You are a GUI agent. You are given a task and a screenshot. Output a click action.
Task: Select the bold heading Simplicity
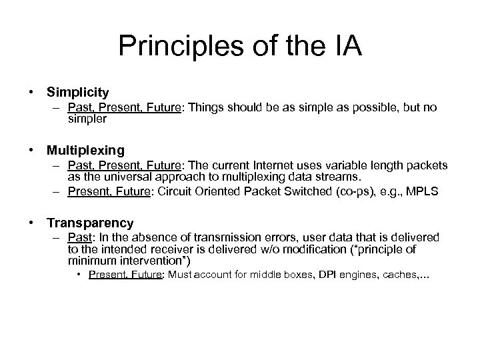77,91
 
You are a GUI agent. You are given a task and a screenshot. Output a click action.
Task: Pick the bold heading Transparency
90,223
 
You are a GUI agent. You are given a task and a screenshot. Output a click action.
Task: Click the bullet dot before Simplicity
31,92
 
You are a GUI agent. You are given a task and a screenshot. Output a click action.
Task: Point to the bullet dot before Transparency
31,223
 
